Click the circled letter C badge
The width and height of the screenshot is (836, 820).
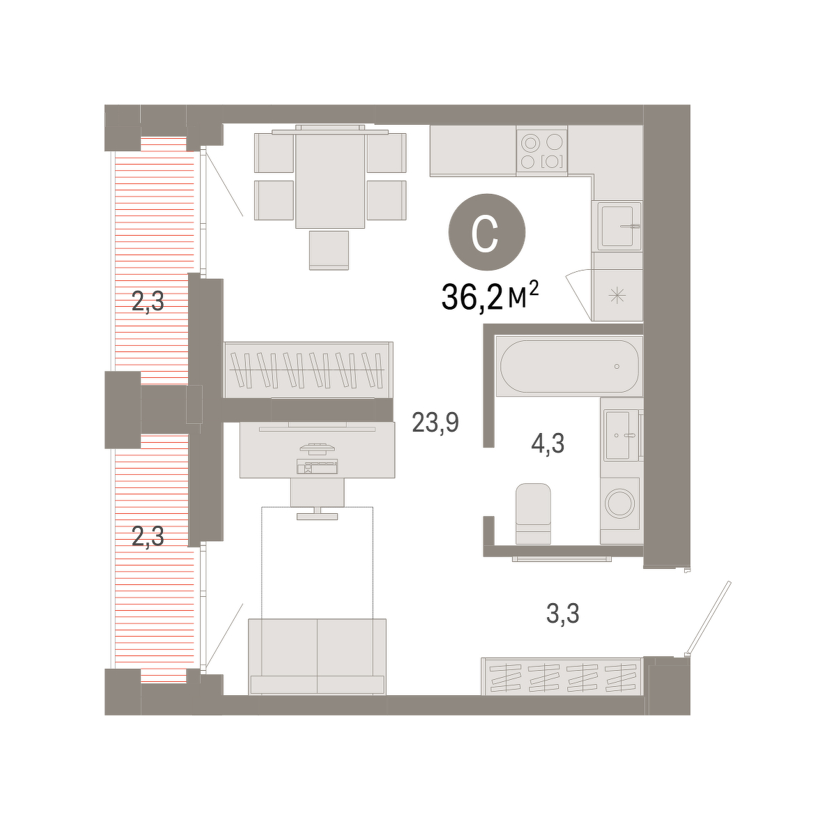click(x=487, y=232)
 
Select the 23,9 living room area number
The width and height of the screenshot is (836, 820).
click(x=435, y=423)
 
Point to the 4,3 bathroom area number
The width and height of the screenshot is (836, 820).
click(x=548, y=444)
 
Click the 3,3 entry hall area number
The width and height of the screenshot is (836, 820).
click(x=563, y=614)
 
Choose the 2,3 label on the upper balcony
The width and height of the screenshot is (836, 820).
click(x=148, y=301)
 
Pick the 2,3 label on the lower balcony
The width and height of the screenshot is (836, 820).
click(x=148, y=536)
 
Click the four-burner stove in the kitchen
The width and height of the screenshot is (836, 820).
click(x=542, y=151)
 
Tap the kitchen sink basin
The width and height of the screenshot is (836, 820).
click(x=619, y=227)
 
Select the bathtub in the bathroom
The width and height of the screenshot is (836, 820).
click(x=570, y=367)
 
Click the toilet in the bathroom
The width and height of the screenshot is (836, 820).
click(x=533, y=514)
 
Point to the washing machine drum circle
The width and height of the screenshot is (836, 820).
click(x=619, y=503)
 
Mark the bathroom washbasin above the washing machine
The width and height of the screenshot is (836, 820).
click(x=622, y=435)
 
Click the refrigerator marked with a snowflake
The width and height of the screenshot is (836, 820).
click(x=617, y=296)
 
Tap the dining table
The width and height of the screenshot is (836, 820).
click(x=330, y=177)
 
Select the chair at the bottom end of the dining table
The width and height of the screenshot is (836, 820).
click(x=329, y=250)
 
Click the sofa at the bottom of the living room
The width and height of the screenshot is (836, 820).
click(x=317, y=656)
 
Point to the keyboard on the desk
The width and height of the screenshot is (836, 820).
click(x=318, y=468)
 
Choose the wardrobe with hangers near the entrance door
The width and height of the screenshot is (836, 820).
click(x=562, y=676)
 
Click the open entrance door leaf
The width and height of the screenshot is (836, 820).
click(x=709, y=618)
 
